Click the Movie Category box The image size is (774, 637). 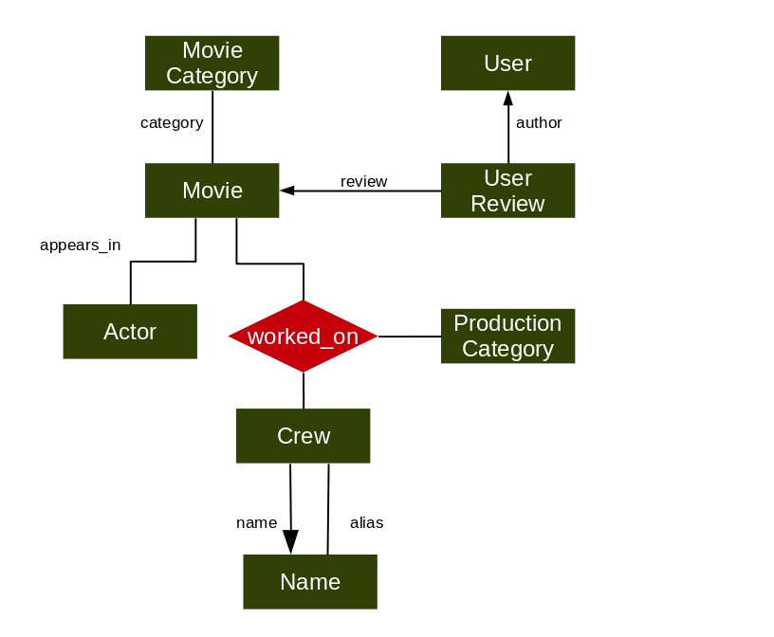point(212,64)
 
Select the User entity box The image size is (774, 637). point(508,64)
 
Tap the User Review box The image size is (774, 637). point(508,191)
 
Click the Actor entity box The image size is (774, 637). point(130,332)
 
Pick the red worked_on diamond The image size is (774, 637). point(304,336)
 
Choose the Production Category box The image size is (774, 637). point(508,336)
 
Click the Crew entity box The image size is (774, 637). point(304,436)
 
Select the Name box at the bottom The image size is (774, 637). point(310,582)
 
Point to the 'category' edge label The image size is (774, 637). point(172,123)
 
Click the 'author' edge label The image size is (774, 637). point(539,122)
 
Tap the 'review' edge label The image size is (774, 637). point(364,182)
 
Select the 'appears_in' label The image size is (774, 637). point(81,246)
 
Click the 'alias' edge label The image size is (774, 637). point(367,522)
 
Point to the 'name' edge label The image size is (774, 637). point(257,523)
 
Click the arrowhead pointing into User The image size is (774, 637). point(508,99)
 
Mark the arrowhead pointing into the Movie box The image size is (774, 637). point(287,191)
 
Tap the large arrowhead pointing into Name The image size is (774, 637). point(291,542)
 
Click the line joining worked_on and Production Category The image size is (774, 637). point(410,337)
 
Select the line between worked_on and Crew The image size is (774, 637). point(304,391)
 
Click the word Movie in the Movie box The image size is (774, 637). point(212,191)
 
